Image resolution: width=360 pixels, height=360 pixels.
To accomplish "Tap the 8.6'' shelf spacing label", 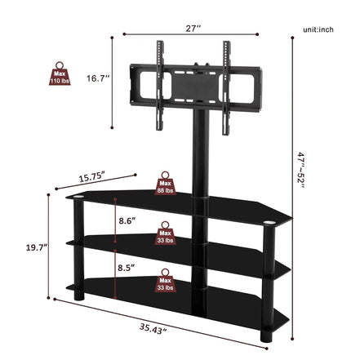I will (x=128, y=220).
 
